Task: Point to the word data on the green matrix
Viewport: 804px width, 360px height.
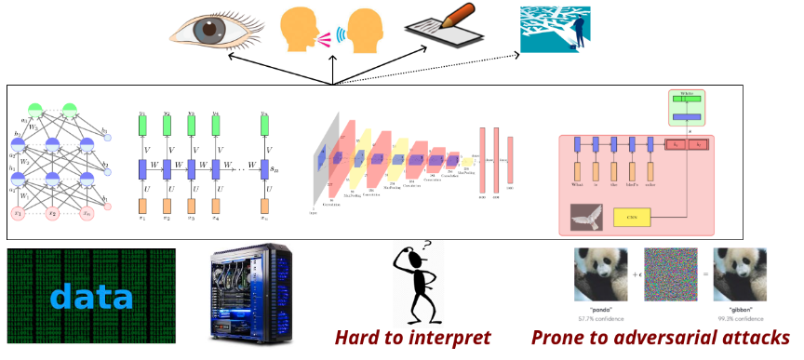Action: click(91, 297)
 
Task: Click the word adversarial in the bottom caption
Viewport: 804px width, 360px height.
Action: click(665, 337)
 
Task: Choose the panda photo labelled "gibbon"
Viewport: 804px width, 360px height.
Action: click(741, 273)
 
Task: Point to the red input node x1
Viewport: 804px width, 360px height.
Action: click(18, 213)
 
